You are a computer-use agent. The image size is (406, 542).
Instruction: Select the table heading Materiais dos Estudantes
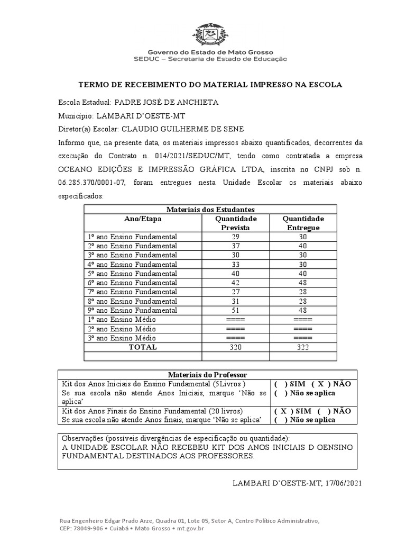click(x=210, y=210)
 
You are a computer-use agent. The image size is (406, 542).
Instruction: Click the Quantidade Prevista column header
click(x=235, y=223)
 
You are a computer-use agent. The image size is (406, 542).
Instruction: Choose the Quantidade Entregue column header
click(x=303, y=223)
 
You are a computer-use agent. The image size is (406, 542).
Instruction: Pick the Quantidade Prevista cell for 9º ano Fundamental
click(x=235, y=310)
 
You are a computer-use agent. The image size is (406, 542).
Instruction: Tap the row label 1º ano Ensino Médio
click(x=122, y=319)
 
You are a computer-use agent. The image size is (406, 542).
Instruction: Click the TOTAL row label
click(x=143, y=347)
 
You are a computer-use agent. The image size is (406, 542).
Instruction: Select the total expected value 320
click(x=235, y=347)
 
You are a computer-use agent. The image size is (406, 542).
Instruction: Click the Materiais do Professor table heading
click(x=207, y=375)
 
